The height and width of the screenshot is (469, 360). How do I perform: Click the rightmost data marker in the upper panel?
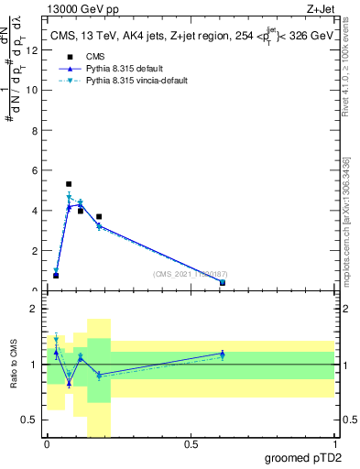coord(223,283)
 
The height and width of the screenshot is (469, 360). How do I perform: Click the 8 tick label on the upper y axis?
coord(33,130)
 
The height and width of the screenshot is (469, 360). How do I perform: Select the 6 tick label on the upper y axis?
coord(33,170)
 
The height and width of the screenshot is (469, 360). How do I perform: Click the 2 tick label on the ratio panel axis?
coord(33,310)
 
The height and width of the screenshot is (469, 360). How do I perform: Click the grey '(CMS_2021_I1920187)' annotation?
coord(190,273)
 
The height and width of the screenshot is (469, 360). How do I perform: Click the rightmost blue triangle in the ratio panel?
coord(223,354)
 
